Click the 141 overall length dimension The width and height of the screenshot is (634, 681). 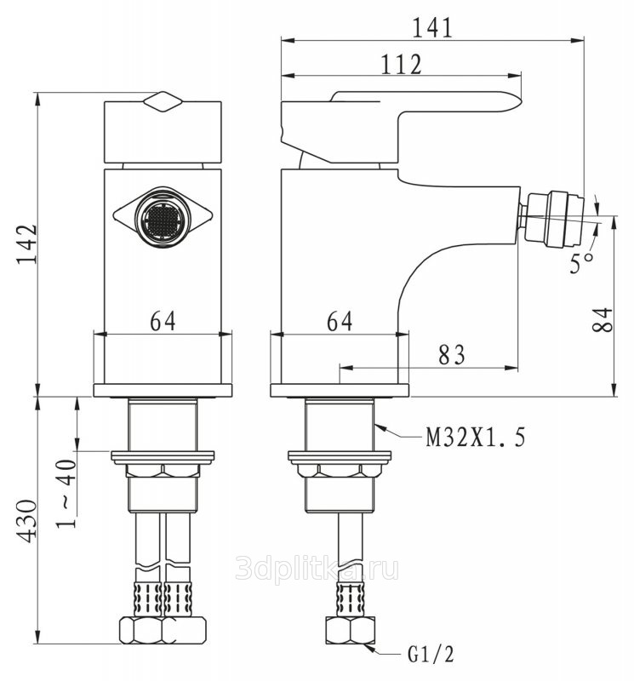click(432, 26)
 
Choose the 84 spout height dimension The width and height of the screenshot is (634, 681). click(602, 321)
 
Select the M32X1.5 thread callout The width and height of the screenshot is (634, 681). click(476, 438)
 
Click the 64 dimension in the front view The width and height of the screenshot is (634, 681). click(163, 321)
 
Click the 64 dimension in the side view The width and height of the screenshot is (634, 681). click(339, 321)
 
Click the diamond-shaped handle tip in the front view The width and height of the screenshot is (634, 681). click(162, 101)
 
